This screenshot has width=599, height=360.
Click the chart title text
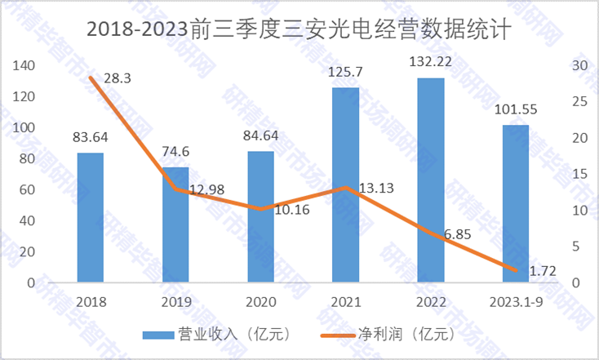[299, 32]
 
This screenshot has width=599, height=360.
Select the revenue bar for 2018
[91, 218]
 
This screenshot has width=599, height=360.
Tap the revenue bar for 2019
[175, 225]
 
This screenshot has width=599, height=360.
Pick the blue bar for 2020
[260, 217]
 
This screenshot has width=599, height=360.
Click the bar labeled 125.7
[346, 185]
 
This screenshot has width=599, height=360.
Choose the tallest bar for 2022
[431, 180]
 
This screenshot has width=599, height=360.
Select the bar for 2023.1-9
[516, 204]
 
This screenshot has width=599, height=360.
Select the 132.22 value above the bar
[431, 64]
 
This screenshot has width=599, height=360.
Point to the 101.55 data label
[516, 110]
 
